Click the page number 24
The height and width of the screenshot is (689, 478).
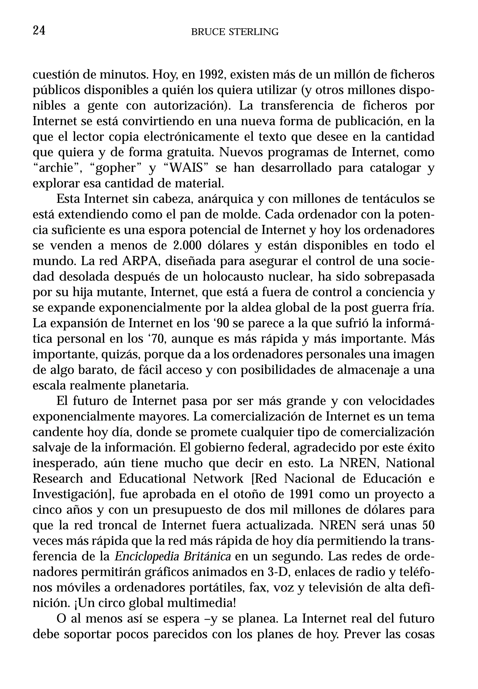pos(39,31)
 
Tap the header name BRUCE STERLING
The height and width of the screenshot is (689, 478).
pos(235,32)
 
